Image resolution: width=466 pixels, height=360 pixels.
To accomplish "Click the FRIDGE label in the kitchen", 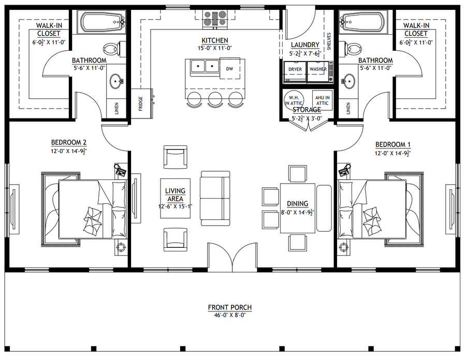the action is click(140, 103).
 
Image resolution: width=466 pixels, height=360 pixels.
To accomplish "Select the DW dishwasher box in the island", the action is click(230, 69).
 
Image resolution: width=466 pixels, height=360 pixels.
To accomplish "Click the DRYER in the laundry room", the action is click(295, 71).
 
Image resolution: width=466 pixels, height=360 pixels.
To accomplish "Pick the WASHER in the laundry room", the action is click(318, 71).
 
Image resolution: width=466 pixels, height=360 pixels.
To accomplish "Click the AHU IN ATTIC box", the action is click(322, 100).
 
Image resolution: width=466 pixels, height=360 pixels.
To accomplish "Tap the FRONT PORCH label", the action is click(230, 307).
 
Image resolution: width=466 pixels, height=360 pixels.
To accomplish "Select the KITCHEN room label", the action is click(215, 40).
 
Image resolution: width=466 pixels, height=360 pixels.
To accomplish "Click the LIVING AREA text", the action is click(176, 194).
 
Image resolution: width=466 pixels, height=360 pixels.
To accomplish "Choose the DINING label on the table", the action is click(298, 204).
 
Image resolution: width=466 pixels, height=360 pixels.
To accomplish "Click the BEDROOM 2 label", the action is click(69, 142).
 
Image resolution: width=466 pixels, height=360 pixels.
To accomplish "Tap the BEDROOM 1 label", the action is click(393, 144).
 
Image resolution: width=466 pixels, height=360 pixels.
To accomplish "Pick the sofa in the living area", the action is click(215, 198).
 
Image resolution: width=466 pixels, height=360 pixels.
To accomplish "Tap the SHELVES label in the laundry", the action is click(329, 41).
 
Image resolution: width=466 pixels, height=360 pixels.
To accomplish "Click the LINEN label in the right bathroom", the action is click(348, 108).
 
